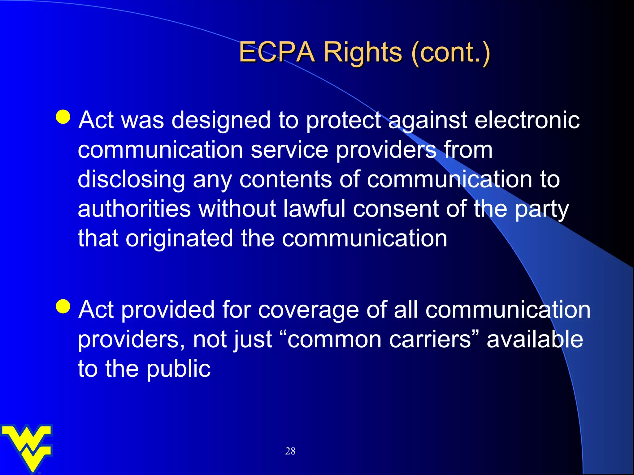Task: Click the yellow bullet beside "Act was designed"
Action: click(63, 117)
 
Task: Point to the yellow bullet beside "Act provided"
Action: click(63, 306)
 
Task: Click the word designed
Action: click(221, 120)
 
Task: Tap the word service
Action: click(289, 150)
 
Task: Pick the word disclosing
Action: click(131, 179)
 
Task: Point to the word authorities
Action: click(134, 209)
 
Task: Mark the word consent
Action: click(396, 209)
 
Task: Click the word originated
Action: click(179, 238)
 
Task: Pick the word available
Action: click(535, 339)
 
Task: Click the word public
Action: click(178, 369)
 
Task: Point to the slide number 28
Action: click(290, 451)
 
